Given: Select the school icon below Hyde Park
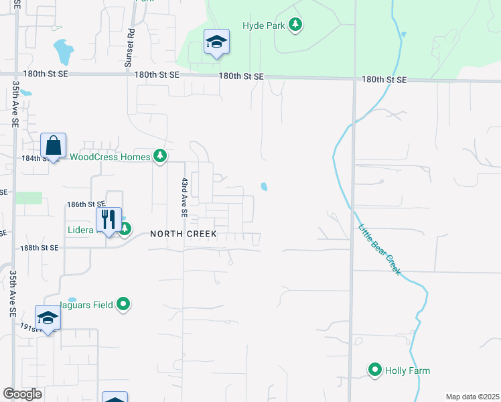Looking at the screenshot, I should pyautogui.click(x=216, y=43).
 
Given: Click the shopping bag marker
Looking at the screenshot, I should pyautogui.click(x=53, y=145).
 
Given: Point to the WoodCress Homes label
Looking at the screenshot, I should pyautogui.click(x=111, y=157).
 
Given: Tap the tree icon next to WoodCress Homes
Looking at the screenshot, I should pyautogui.click(x=159, y=156).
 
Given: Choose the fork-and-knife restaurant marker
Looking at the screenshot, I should pyautogui.click(x=109, y=220).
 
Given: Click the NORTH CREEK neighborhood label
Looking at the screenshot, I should pyautogui.click(x=184, y=234).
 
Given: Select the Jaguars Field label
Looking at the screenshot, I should pyautogui.click(x=92, y=304).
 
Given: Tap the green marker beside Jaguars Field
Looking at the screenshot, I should pyautogui.click(x=123, y=304).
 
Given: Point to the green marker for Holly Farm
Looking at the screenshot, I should pyautogui.click(x=375, y=370).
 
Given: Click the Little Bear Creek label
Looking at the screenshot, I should pyautogui.click(x=378, y=249).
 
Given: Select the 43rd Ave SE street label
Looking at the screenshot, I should pyautogui.click(x=184, y=197).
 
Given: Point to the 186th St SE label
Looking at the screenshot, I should pyautogui.click(x=86, y=204).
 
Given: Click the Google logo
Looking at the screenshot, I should pyautogui.click(x=22, y=394).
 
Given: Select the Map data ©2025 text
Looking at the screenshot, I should pyautogui.click(x=472, y=397).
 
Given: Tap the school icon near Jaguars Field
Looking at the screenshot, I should pyautogui.click(x=48, y=318).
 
